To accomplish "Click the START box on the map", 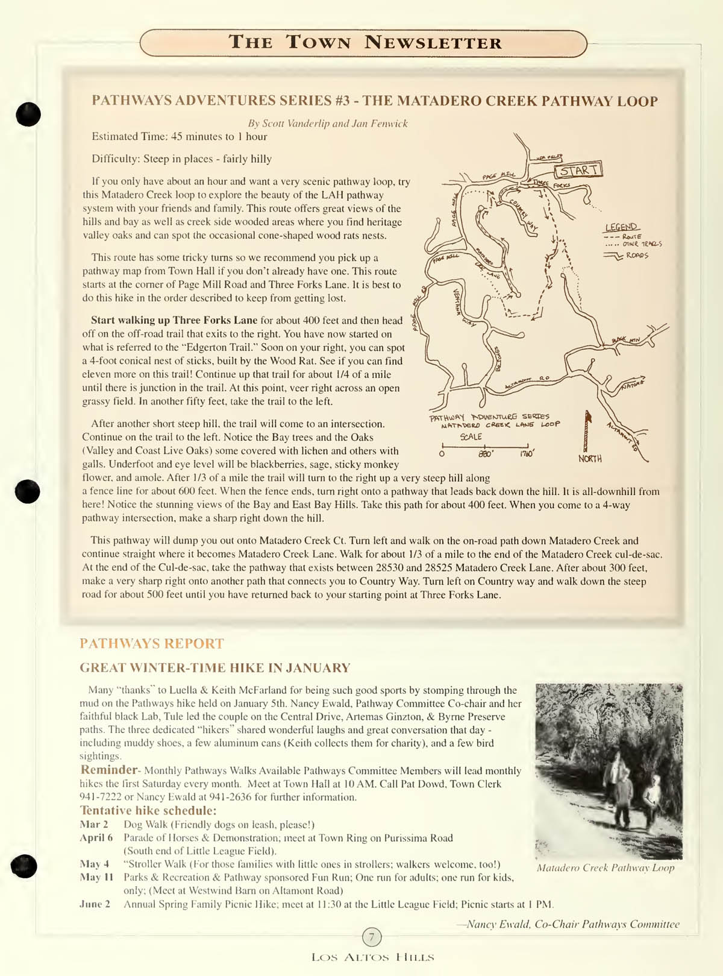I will pyautogui.click(x=578, y=170).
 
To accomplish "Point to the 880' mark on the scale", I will pyautogui.click(x=486, y=453).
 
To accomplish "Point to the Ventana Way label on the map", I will pyautogui.click(x=465, y=307).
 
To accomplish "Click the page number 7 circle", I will pyautogui.click(x=372, y=937).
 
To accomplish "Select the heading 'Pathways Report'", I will pyautogui.click(x=152, y=643).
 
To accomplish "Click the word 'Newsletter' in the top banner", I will pyautogui.click(x=433, y=43).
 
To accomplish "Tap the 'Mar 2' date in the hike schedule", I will pyautogui.click(x=94, y=824).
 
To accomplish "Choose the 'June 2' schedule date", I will pyautogui.click(x=95, y=904).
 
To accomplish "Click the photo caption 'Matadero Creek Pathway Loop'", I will pyautogui.click(x=606, y=867).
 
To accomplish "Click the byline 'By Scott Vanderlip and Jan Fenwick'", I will pyautogui.click(x=328, y=124).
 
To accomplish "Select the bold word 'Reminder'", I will pyautogui.click(x=109, y=770).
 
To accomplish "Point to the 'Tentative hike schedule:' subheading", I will pyautogui.click(x=148, y=810).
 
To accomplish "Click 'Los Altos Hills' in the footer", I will pyautogui.click(x=372, y=957).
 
